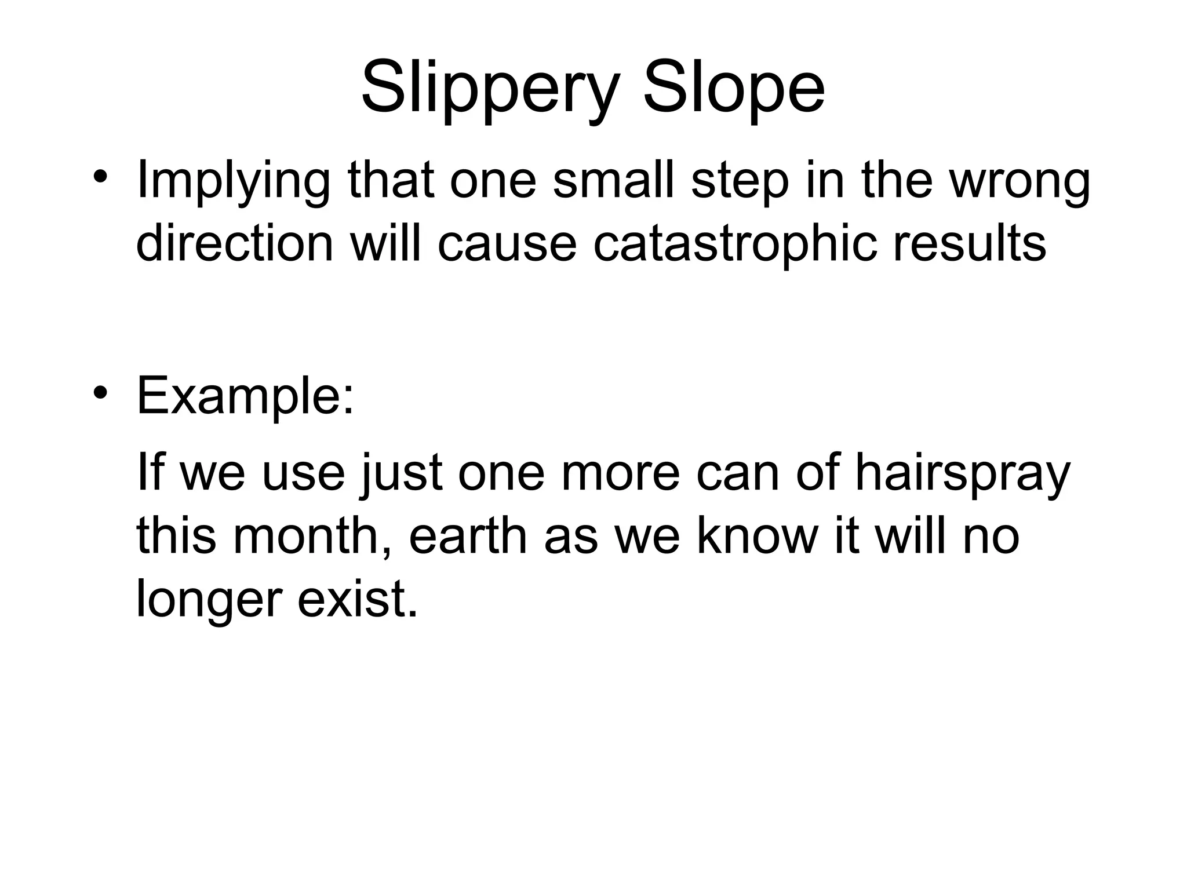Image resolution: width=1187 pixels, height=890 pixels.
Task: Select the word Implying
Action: coord(232,183)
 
